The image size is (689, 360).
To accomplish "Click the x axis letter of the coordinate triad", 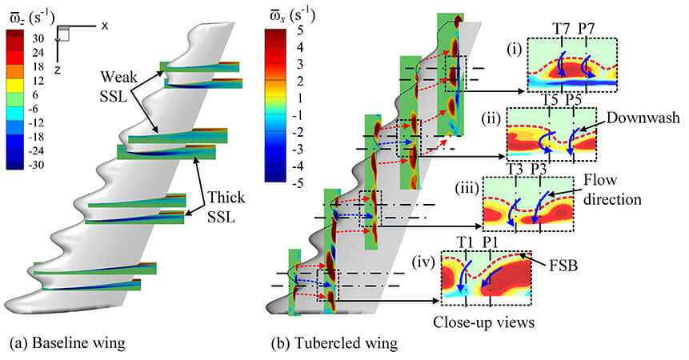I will pos(106,26).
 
